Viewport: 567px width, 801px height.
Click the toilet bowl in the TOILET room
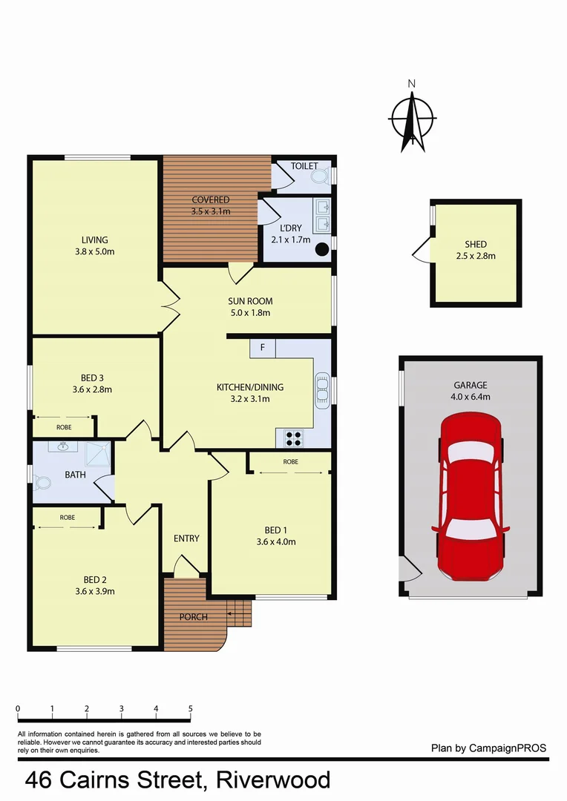[320, 177]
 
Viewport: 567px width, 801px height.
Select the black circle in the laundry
[322, 250]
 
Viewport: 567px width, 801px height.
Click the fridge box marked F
[263, 347]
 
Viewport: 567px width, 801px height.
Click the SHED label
[476, 245]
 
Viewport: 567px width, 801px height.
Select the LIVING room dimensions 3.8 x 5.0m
[95, 251]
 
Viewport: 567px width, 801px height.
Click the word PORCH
[194, 617]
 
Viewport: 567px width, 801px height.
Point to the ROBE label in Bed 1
[290, 461]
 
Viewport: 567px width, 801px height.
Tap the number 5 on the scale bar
[191, 708]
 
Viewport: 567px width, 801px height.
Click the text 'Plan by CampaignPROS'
[488, 748]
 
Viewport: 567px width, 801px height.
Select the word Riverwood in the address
[274, 780]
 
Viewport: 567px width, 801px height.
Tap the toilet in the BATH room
[42, 483]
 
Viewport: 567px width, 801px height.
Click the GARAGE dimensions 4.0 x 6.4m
[471, 397]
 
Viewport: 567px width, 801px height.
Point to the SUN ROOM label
[250, 301]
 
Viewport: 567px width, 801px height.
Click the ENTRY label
[186, 538]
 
